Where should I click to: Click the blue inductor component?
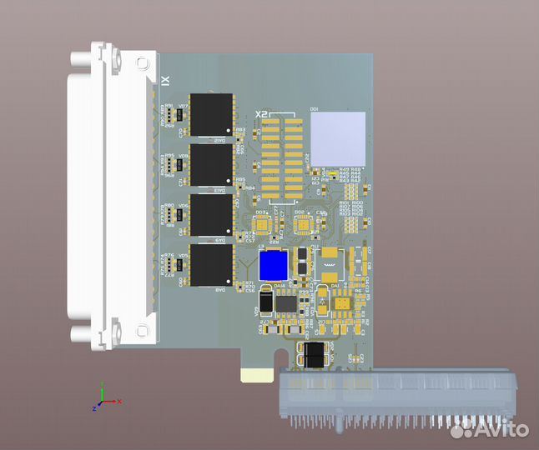pyautogui.click(x=273, y=266)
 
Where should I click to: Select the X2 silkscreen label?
pyautogui.click(x=261, y=113)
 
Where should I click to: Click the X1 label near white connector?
pyautogui.click(x=165, y=81)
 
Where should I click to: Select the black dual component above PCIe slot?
pyautogui.click(x=313, y=355)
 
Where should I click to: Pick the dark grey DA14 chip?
pyautogui.click(x=287, y=302)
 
